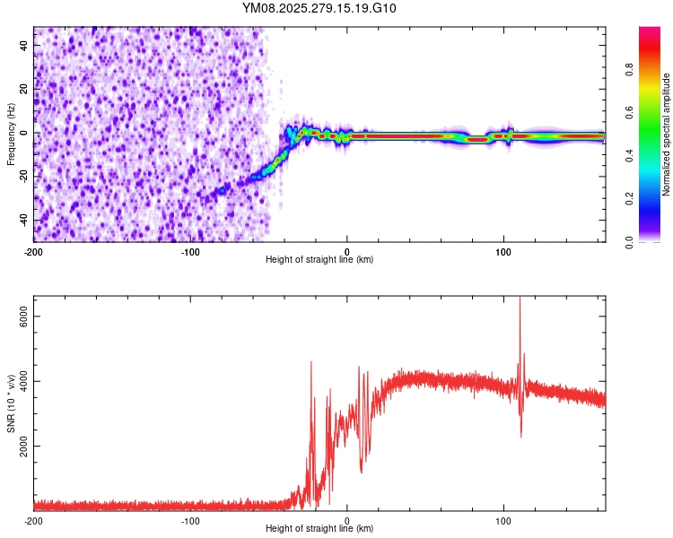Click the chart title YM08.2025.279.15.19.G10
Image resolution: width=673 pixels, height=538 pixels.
[319, 9]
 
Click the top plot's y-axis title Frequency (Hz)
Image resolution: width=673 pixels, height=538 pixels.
[11, 134]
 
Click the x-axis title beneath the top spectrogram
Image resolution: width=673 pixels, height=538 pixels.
[319, 260]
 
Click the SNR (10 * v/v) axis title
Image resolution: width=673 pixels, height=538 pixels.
[11, 403]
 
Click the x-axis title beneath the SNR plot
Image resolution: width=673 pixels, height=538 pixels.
[319, 530]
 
